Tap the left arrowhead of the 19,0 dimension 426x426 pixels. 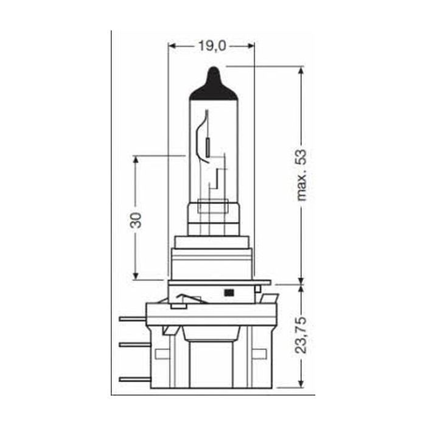[172, 46]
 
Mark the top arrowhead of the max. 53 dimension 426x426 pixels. [301, 69]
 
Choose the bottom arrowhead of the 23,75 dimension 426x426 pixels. [301, 385]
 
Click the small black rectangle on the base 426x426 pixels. [229, 293]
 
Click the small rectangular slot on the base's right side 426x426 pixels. [260, 354]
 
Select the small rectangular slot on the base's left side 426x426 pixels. [162, 354]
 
